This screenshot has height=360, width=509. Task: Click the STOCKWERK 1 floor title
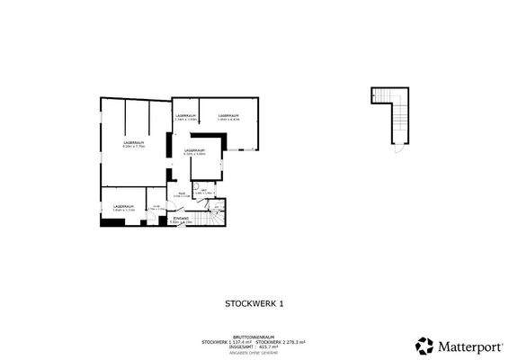click(x=254, y=304)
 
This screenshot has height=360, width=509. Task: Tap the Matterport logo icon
click(x=422, y=345)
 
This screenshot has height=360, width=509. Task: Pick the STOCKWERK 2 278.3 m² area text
click(x=281, y=341)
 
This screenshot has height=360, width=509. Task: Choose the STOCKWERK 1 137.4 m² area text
click(x=228, y=341)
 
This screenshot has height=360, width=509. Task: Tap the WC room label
click(x=204, y=189)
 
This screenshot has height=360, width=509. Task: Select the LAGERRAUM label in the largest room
click(x=134, y=143)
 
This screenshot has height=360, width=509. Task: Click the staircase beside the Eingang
click(x=216, y=216)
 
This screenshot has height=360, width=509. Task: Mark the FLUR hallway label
click(x=181, y=194)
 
